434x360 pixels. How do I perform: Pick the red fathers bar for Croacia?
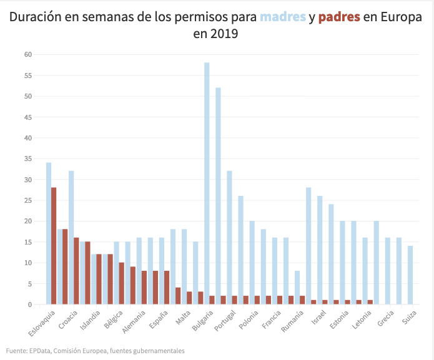[x=77, y=271]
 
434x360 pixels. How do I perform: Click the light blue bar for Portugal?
[x=229, y=238]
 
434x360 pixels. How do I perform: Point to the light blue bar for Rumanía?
[x=297, y=288]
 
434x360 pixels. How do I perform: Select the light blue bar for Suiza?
[x=410, y=275]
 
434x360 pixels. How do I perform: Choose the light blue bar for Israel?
[x=320, y=250]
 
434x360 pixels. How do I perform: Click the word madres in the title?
[x=283, y=17]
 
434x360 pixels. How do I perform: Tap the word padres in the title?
[x=339, y=17]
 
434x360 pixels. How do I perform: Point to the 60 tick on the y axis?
[x=27, y=54]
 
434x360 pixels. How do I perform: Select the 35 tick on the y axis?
[x=27, y=158]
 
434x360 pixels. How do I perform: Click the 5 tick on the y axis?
[x=29, y=283]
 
